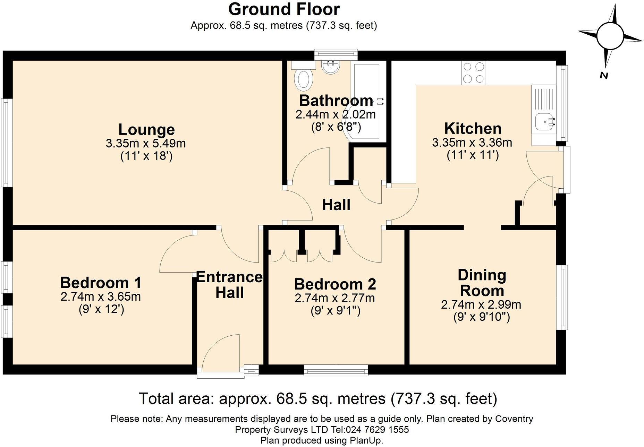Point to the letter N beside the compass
(604, 75)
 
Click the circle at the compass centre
(610, 36)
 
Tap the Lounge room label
(146, 130)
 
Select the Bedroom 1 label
(101, 283)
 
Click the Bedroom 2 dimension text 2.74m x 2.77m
(335, 298)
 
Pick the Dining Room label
(482, 283)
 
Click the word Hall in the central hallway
(336, 205)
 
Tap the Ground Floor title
(284, 9)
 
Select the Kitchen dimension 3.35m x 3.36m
(472, 143)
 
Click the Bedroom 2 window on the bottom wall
(336, 370)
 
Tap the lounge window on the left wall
(7, 143)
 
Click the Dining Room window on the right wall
(562, 297)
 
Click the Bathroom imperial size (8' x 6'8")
(336, 127)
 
